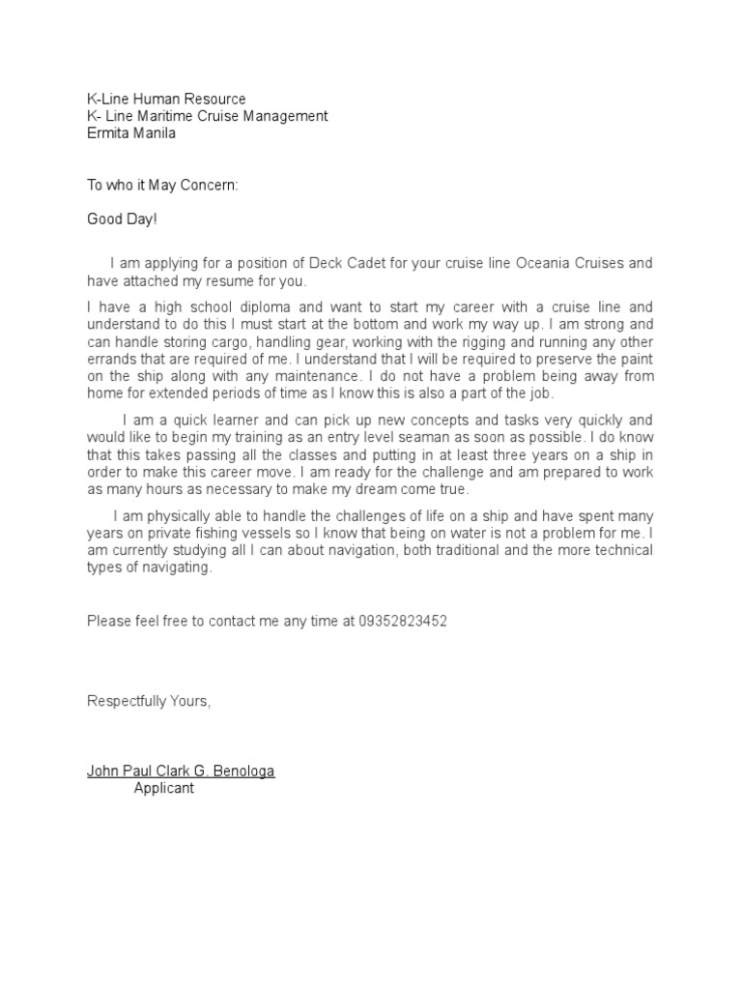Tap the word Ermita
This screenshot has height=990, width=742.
coord(108,133)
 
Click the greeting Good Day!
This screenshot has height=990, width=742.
coord(122,219)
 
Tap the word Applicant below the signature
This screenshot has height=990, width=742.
coord(163,788)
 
